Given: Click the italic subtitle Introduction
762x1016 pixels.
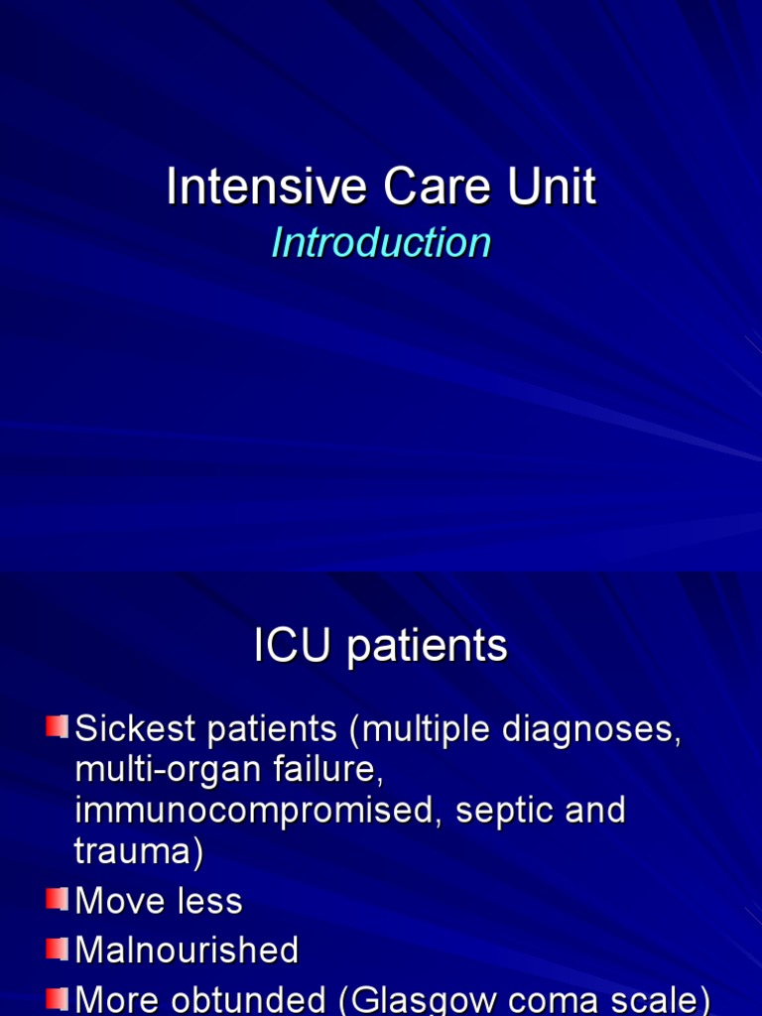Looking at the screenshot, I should point(381,243).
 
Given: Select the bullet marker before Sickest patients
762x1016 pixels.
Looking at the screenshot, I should point(56,728).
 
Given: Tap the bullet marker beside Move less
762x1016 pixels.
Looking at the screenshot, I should point(56,900).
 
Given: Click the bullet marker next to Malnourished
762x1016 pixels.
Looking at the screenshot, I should point(56,949).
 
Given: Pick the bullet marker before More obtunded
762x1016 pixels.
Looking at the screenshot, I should point(56,997).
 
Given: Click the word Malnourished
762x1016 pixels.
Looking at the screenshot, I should point(187,950).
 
